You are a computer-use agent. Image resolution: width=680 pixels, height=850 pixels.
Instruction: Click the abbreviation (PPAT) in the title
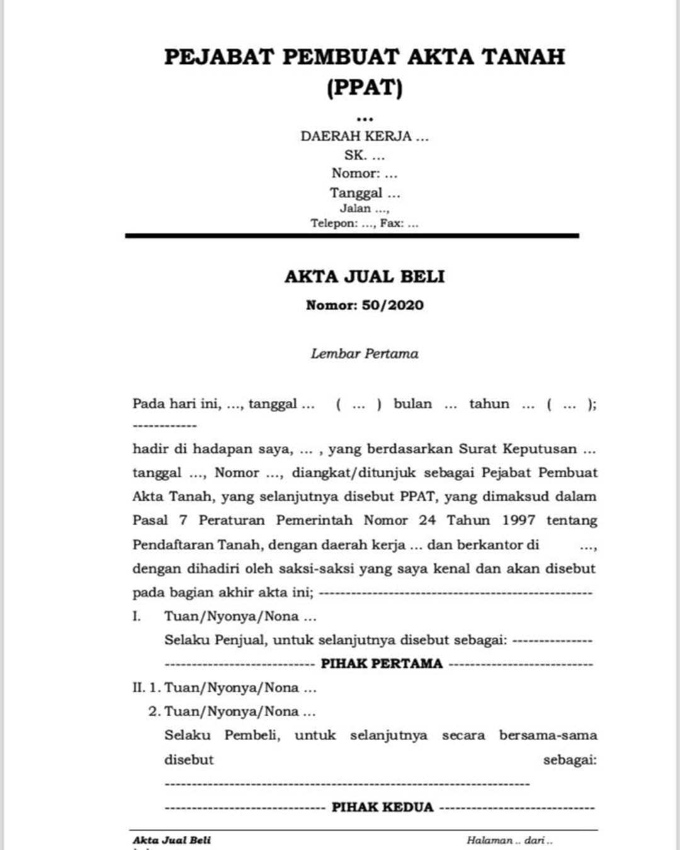pyautogui.click(x=365, y=87)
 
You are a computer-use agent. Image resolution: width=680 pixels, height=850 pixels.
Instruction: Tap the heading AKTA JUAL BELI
pyautogui.click(x=365, y=276)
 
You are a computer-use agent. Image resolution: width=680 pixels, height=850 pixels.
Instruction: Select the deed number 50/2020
pyautogui.click(x=392, y=305)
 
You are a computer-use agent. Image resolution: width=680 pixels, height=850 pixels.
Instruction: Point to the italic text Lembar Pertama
pyautogui.click(x=365, y=354)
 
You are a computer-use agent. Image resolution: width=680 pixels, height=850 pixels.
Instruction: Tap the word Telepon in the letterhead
pyautogui.click(x=333, y=223)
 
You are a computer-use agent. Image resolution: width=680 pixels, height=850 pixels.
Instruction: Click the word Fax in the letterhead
pyautogui.click(x=391, y=223)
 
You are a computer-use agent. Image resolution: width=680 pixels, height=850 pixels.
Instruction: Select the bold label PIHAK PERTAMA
pyautogui.click(x=382, y=664)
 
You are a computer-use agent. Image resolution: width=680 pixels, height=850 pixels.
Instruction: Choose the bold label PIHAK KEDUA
pyautogui.click(x=382, y=807)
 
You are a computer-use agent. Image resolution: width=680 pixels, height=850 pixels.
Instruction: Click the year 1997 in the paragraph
pyautogui.click(x=519, y=520)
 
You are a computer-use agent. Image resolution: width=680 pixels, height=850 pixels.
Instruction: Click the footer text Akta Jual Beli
pyautogui.click(x=172, y=840)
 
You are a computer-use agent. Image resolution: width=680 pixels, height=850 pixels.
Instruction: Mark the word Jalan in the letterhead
pyautogui.click(x=355, y=208)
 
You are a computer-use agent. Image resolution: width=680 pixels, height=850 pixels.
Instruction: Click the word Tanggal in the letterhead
pyautogui.click(x=356, y=193)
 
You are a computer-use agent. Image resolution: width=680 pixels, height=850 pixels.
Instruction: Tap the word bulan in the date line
pyautogui.click(x=412, y=404)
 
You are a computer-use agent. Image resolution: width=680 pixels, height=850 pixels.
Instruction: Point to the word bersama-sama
pyautogui.click(x=548, y=735)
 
